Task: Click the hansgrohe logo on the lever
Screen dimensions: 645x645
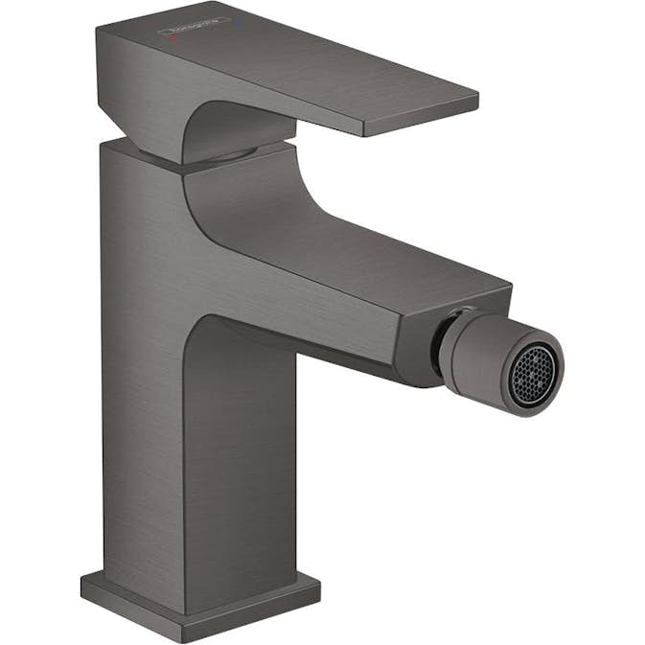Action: click(193, 26)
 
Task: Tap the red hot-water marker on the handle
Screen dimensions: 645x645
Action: click(173, 36)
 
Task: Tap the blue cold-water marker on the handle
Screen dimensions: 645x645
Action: click(238, 21)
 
